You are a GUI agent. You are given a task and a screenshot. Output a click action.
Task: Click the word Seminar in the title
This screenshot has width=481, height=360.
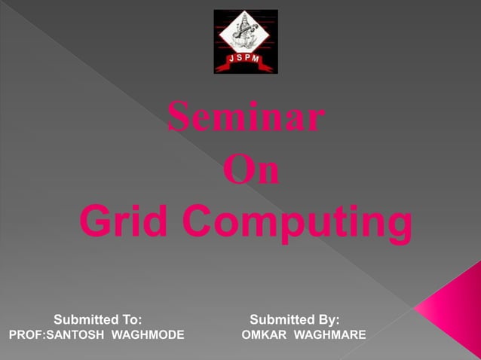pos(246,118)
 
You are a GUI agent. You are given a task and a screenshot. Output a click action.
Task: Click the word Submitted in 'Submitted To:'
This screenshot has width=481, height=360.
pos(84,319)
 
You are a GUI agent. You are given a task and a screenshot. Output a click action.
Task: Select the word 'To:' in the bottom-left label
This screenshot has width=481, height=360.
pos(130,319)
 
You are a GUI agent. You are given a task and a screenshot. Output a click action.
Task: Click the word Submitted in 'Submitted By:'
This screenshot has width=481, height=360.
pos(281,319)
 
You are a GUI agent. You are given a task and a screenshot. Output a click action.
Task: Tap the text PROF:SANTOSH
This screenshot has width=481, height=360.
pos(56,334)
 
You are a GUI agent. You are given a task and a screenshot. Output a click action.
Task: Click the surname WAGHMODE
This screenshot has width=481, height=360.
pos(148,334)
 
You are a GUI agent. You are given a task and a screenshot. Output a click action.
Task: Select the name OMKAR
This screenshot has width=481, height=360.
pos(264,334)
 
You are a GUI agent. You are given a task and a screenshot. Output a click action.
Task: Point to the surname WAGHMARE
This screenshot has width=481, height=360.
pos(329,334)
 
